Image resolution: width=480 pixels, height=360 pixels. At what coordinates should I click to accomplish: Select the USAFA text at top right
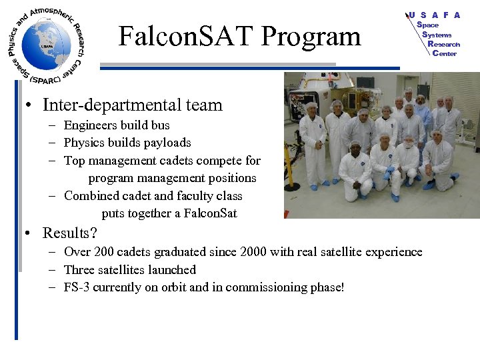point(435,15)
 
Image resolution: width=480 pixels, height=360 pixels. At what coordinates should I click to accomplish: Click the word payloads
point(167,143)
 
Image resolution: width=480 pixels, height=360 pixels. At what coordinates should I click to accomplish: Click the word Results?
point(70,233)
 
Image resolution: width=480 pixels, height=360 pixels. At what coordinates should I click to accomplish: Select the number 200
point(101,252)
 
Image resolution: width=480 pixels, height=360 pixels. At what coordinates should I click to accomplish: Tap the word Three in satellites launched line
point(81,270)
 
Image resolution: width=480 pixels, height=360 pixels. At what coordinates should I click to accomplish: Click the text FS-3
point(78,288)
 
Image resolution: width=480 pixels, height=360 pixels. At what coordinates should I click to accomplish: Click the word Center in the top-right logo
point(445,53)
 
